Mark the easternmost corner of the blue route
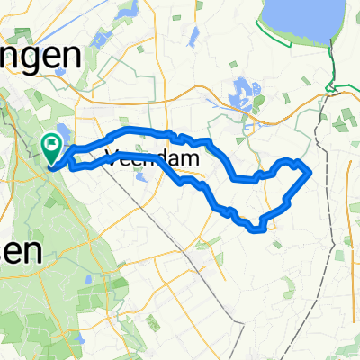pos(311,170)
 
